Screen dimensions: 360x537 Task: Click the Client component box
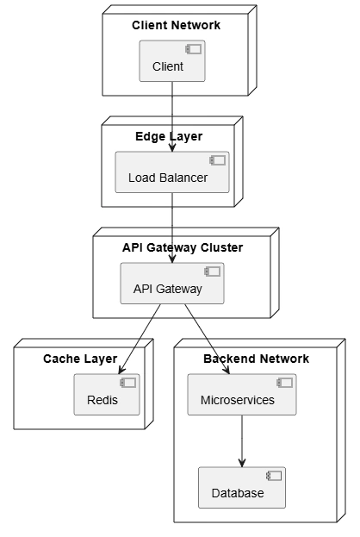pyautogui.click(x=172, y=61)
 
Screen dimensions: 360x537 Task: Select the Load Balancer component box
pyautogui.click(x=172, y=172)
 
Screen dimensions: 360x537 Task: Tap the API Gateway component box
pyautogui.click(x=172, y=284)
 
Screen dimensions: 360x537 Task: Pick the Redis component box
pyautogui.click(x=107, y=395)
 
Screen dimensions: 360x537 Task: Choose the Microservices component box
pyautogui.click(x=242, y=395)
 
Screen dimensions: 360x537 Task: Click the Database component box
pyautogui.click(x=242, y=487)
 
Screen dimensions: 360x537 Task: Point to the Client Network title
pyautogui.click(x=177, y=25)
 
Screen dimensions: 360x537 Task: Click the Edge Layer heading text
pyautogui.click(x=169, y=136)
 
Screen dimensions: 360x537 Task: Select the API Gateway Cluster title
pyautogui.click(x=183, y=247)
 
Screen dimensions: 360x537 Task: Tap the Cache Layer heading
pyautogui.click(x=80, y=359)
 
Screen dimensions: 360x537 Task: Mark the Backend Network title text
pyautogui.click(x=257, y=359)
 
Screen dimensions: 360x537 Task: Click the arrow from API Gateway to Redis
pyautogui.click(x=140, y=339)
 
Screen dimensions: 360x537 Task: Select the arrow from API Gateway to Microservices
pyautogui.click(x=207, y=339)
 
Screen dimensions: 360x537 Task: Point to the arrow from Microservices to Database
pyautogui.click(x=242, y=441)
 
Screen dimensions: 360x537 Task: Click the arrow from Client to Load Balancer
pyautogui.click(x=172, y=116)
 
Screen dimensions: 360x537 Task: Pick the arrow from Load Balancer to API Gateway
pyautogui.click(x=172, y=228)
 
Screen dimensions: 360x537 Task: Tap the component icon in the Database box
pyautogui.click(x=274, y=476)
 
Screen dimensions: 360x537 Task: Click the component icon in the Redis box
pyautogui.click(x=128, y=383)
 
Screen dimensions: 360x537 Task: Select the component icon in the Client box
pyautogui.click(x=194, y=49)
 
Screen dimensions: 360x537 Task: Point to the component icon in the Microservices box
pyautogui.click(x=285, y=383)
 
